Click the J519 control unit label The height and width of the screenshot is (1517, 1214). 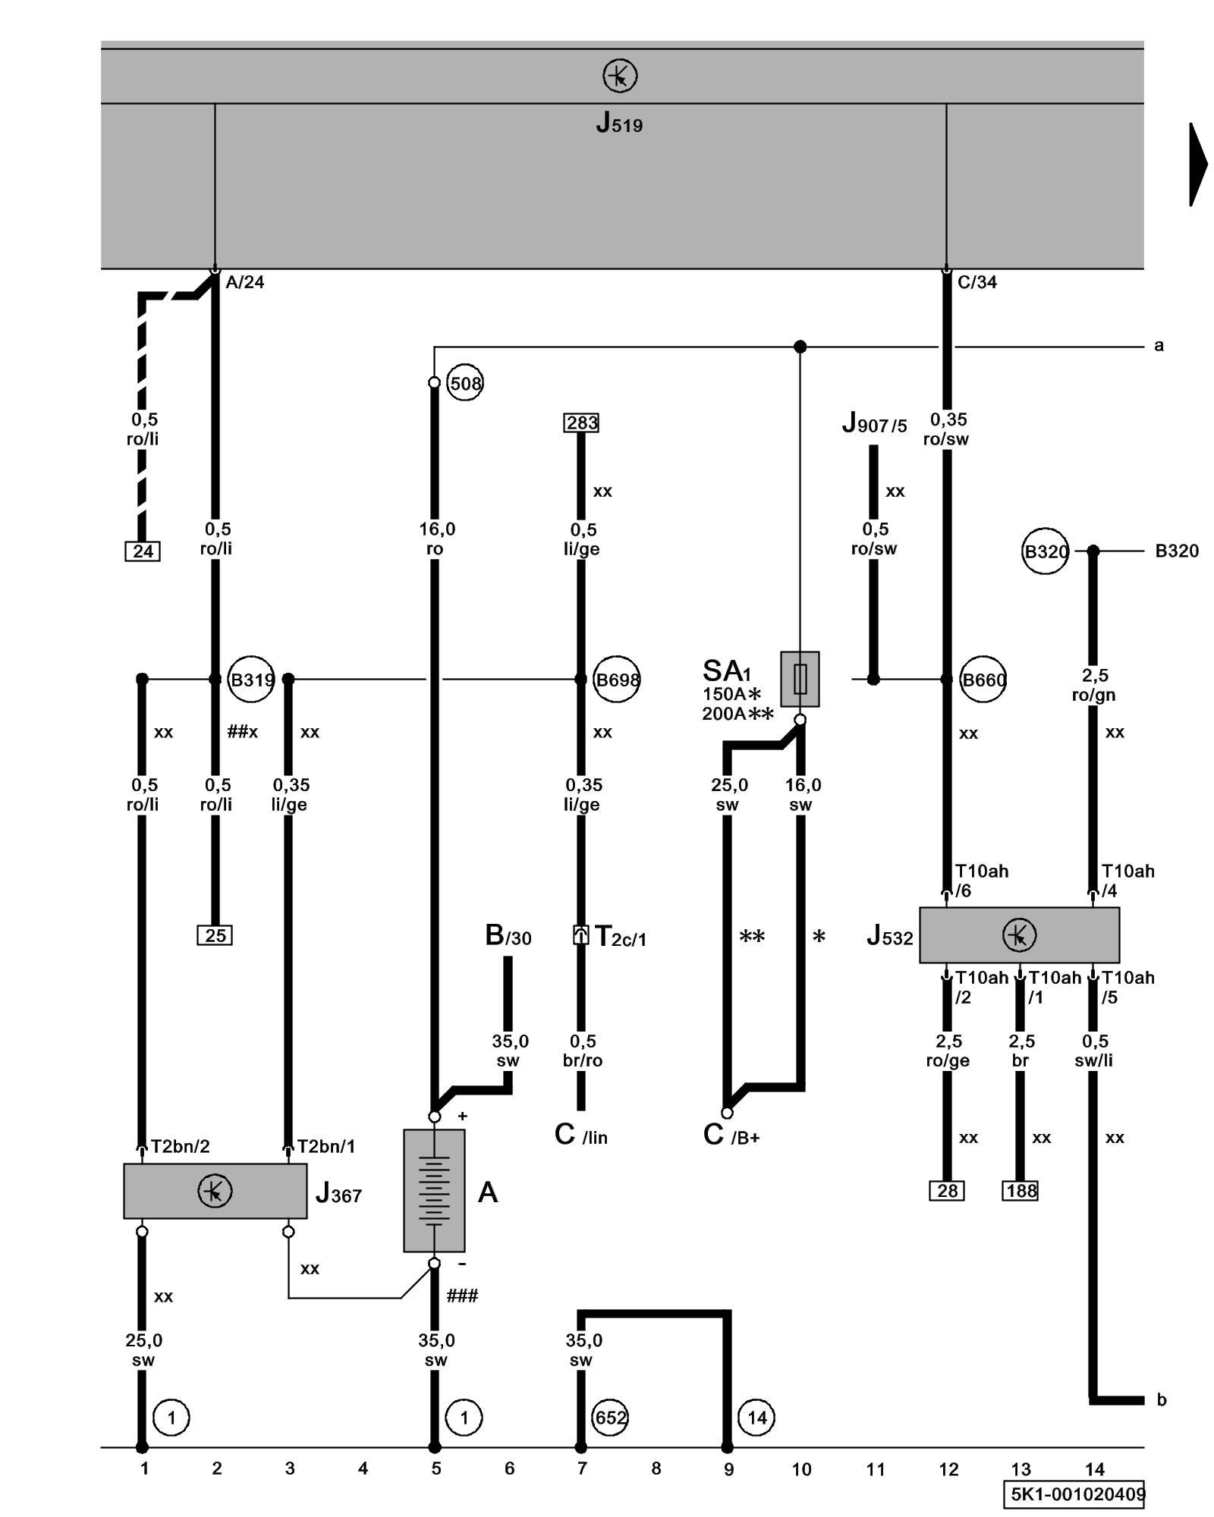pos(619,123)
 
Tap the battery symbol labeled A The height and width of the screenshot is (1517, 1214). pos(434,1190)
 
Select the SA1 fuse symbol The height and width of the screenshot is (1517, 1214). pos(800,678)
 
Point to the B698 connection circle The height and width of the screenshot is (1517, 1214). pos(617,680)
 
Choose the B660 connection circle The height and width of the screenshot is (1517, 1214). pos(983,680)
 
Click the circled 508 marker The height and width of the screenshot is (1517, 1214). pos(465,383)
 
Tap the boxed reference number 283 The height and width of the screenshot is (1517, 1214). pos(581,422)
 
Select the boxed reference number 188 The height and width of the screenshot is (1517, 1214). pos(1021,1191)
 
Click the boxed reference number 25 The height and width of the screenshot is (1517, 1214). pos(215,935)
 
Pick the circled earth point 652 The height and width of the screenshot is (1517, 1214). pos(611,1417)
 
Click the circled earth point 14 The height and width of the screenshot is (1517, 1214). pos(756,1417)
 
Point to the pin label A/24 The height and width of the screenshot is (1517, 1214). pos(245,282)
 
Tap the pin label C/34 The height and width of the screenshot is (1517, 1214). pos(977,282)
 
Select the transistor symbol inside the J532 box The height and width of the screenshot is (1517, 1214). pos(1019,934)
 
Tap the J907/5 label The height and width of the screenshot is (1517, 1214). pos(874,423)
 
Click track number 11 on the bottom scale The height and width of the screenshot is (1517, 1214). pos(876,1469)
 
